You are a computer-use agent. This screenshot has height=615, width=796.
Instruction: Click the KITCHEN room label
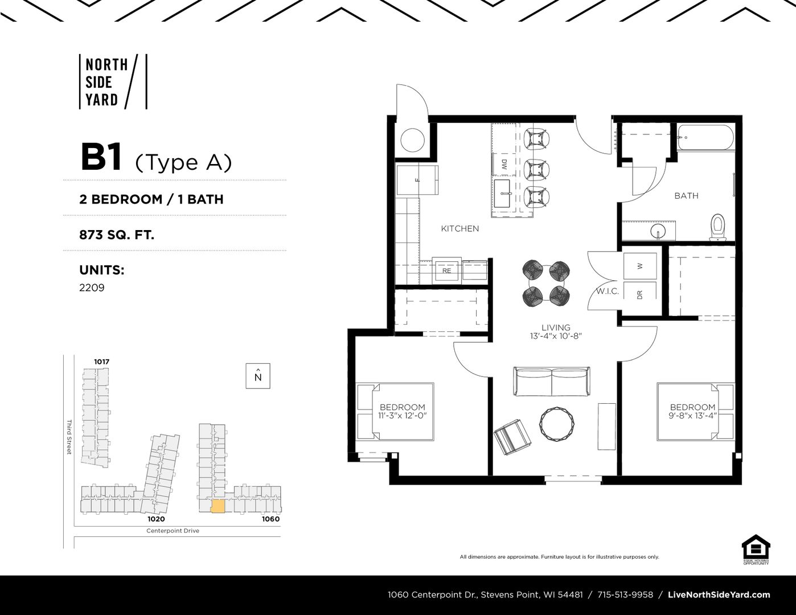click(x=459, y=228)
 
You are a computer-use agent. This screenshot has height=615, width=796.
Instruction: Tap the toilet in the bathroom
click(x=718, y=227)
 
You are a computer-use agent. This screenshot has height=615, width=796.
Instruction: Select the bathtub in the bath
click(x=705, y=137)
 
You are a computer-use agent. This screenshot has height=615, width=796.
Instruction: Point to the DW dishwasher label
click(x=504, y=164)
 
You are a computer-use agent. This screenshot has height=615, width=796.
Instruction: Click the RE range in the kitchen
click(x=446, y=270)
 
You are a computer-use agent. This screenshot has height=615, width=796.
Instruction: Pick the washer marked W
click(x=640, y=266)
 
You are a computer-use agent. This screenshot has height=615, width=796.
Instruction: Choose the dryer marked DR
click(x=640, y=295)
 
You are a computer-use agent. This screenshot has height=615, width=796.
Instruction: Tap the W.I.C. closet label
click(x=608, y=292)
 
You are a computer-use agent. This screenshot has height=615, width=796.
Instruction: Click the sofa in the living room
click(x=552, y=382)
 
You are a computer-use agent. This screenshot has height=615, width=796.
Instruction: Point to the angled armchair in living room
click(x=512, y=437)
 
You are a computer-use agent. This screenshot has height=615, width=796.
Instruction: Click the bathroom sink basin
click(x=658, y=232)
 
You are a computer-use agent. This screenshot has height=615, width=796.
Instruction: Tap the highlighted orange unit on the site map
click(x=218, y=506)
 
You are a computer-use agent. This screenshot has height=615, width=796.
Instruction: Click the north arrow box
click(x=258, y=376)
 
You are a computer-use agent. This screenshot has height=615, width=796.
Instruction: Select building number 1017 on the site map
click(x=101, y=362)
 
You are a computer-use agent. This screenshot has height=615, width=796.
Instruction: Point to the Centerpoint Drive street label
click(x=173, y=531)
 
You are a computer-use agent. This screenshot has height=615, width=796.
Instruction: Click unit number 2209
click(x=92, y=288)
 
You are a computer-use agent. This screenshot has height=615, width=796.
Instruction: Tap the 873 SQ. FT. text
click(x=117, y=235)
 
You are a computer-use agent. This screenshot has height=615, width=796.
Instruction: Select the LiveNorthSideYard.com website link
click(x=719, y=595)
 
